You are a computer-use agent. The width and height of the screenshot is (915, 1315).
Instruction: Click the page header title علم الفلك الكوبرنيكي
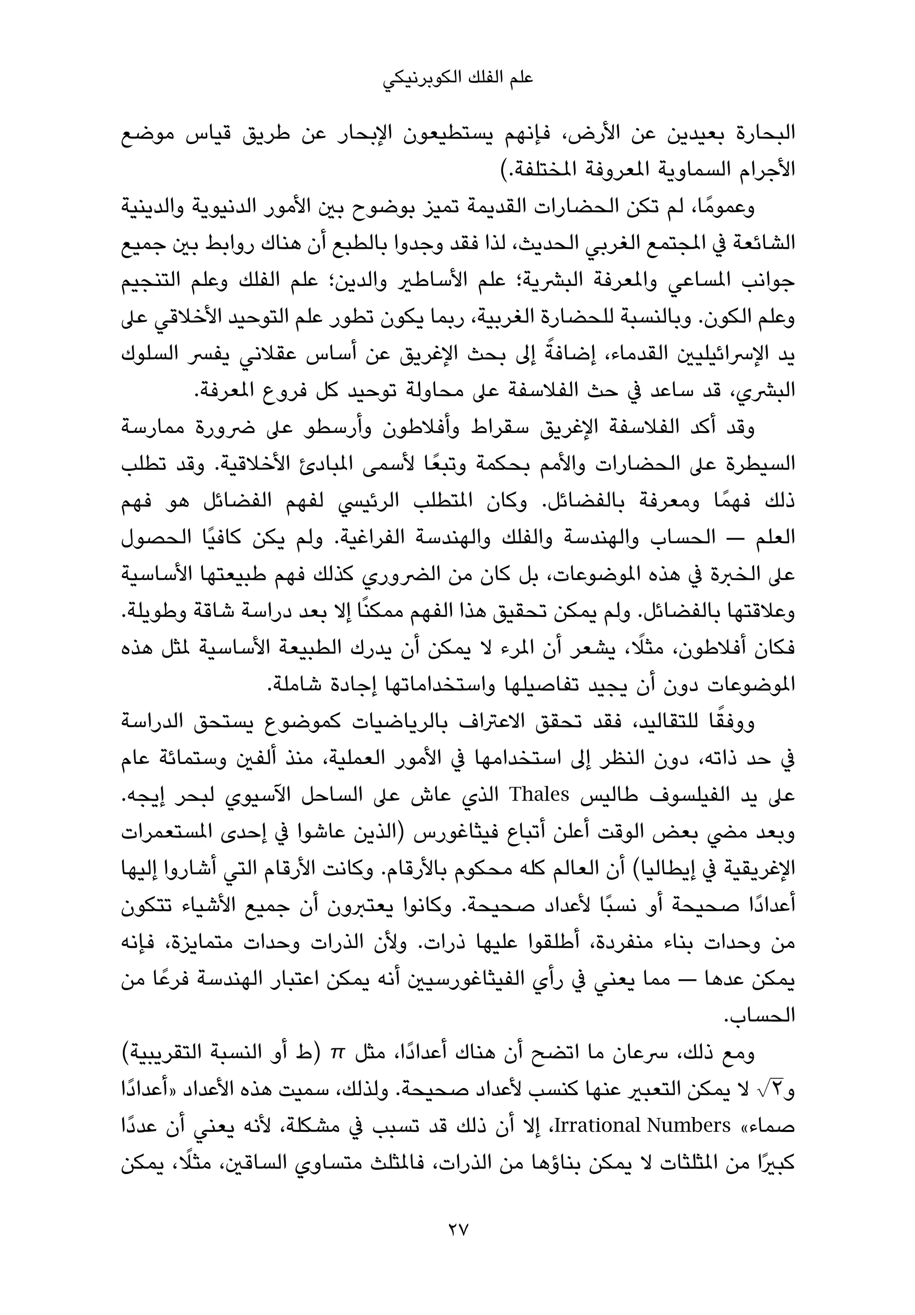pos(457,79)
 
